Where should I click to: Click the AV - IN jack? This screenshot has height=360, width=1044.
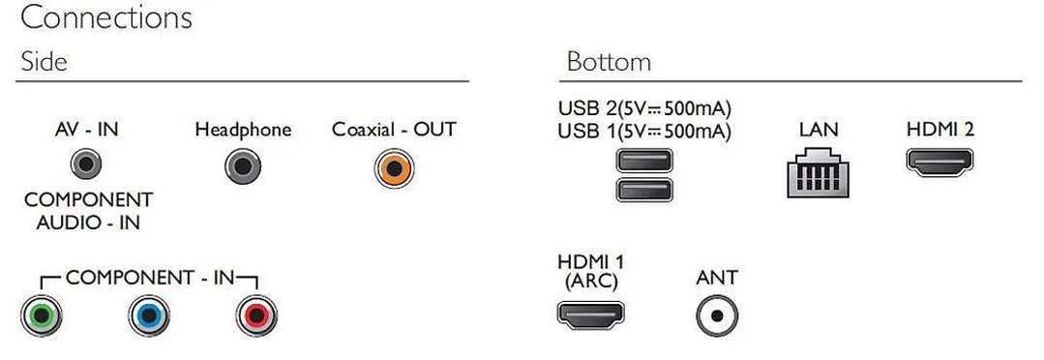86,165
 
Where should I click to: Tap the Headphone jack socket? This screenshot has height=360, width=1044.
243,166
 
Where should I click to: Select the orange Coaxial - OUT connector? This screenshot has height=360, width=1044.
394,168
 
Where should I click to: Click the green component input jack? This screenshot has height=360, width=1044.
42,315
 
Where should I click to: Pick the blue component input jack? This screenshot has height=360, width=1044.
149,315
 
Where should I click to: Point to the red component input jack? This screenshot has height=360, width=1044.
256,315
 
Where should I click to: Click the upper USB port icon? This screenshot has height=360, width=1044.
643,161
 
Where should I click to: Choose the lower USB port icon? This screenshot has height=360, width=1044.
643,190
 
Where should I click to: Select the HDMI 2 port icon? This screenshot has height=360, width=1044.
940,163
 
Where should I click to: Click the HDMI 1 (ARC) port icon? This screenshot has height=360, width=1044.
590,315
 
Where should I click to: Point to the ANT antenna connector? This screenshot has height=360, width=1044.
717,315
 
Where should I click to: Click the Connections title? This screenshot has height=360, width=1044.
106,18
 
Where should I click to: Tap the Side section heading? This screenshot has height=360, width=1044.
44,62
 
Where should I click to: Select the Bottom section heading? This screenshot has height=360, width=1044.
609,62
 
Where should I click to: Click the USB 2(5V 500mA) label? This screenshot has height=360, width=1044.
644,107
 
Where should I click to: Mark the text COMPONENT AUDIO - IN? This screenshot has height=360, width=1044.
89,211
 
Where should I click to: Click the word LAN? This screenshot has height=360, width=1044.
819,129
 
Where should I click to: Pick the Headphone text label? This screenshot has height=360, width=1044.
243,129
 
